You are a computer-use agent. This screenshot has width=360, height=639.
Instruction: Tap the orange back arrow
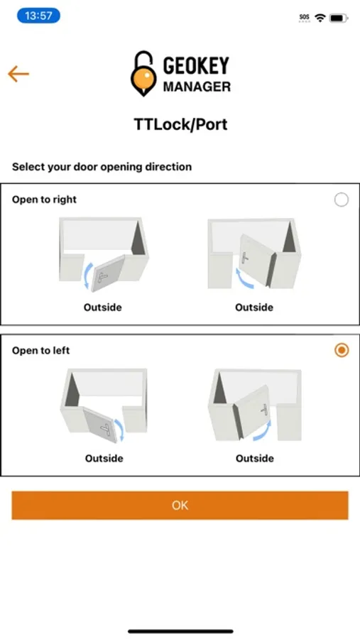tap(18, 74)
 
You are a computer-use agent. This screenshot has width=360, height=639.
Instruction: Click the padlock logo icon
tap(143, 73)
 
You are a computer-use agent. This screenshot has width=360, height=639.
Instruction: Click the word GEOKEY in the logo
tap(196, 65)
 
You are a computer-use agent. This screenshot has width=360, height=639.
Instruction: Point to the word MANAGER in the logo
tap(197, 87)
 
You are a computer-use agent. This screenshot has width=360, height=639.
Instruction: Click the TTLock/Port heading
tap(180, 124)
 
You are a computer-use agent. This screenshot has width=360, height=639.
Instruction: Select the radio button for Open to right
tap(342, 200)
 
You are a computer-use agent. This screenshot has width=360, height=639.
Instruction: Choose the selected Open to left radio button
tap(342, 350)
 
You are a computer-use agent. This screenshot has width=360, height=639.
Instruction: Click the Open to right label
tap(45, 200)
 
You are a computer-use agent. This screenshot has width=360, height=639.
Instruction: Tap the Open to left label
tap(40, 351)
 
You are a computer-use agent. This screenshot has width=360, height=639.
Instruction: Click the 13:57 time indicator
tap(38, 16)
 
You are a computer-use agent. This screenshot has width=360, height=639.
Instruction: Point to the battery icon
tap(339, 18)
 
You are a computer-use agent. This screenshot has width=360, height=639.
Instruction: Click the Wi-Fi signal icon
tap(320, 18)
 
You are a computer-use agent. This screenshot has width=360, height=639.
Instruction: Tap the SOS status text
tap(305, 18)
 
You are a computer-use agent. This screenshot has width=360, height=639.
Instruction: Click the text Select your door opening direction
tap(102, 167)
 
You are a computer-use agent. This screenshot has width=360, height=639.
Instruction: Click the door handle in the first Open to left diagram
tap(106, 429)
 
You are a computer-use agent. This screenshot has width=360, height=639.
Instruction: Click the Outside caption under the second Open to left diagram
tap(255, 459)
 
